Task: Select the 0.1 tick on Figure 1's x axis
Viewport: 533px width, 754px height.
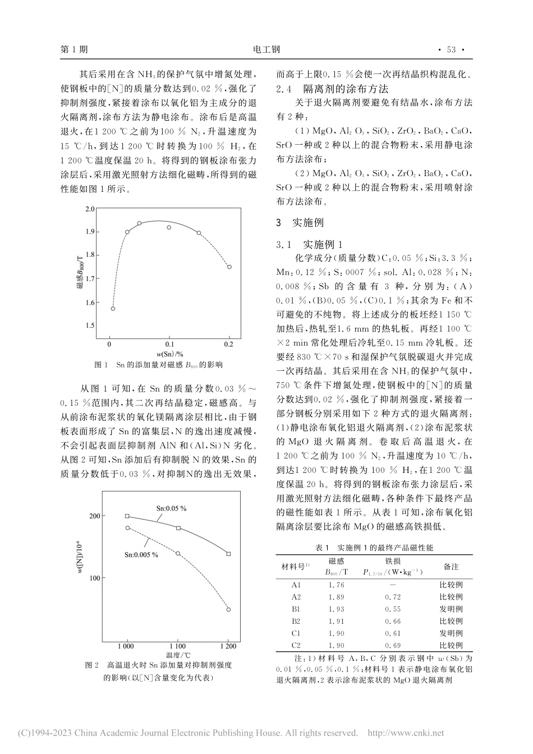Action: tap(169, 343)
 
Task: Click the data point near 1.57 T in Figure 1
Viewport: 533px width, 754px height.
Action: tap(113, 309)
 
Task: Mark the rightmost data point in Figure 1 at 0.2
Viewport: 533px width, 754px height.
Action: tap(229, 267)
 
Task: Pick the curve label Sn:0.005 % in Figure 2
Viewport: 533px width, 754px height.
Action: tap(141, 554)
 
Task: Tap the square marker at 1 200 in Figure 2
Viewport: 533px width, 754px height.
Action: tap(228, 554)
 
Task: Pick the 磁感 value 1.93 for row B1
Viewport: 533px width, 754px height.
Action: tap(337, 609)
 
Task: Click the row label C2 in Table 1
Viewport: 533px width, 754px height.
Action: tap(296, 646)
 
